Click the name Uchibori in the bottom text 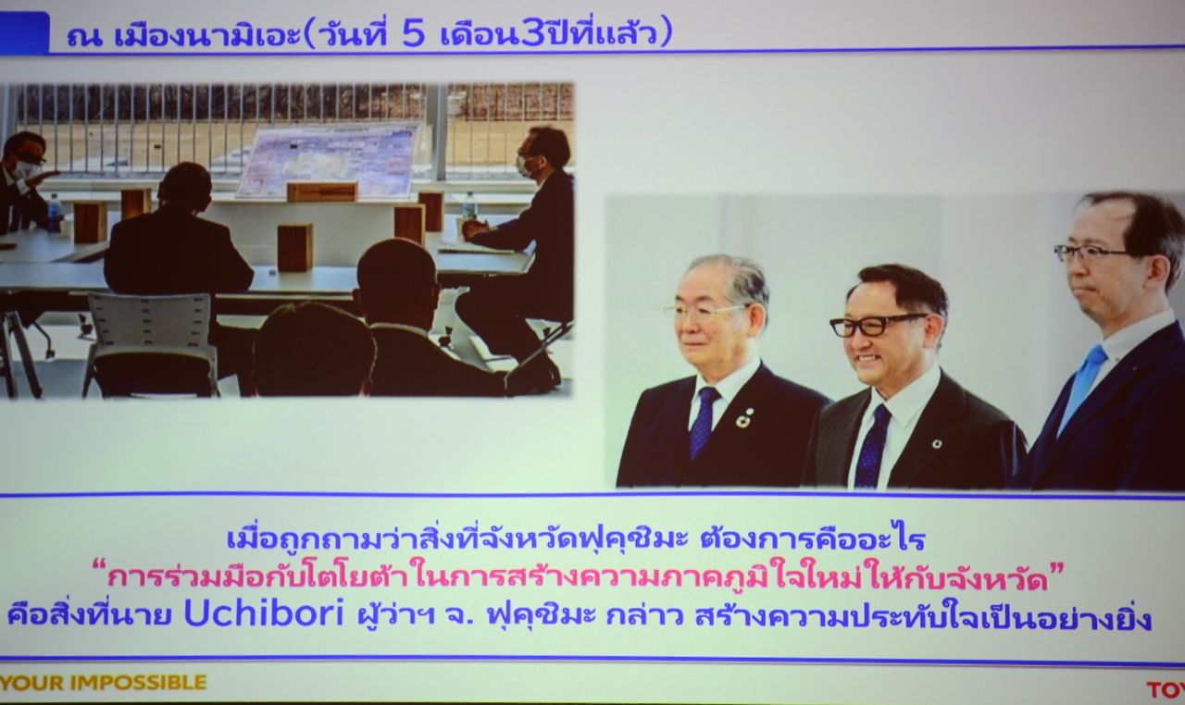(x=264, y=614)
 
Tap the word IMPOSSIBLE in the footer (x=138, y=682)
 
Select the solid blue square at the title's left (x=24, y=32)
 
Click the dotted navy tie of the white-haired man (x=704, y=422)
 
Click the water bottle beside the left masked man (x=54, y=213)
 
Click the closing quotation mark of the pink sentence (x=1056, y=569)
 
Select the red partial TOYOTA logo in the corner (x=1166, y=689)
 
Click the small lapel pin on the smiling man (x=936, y=444)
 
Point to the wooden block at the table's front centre (x=294, y=247)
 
